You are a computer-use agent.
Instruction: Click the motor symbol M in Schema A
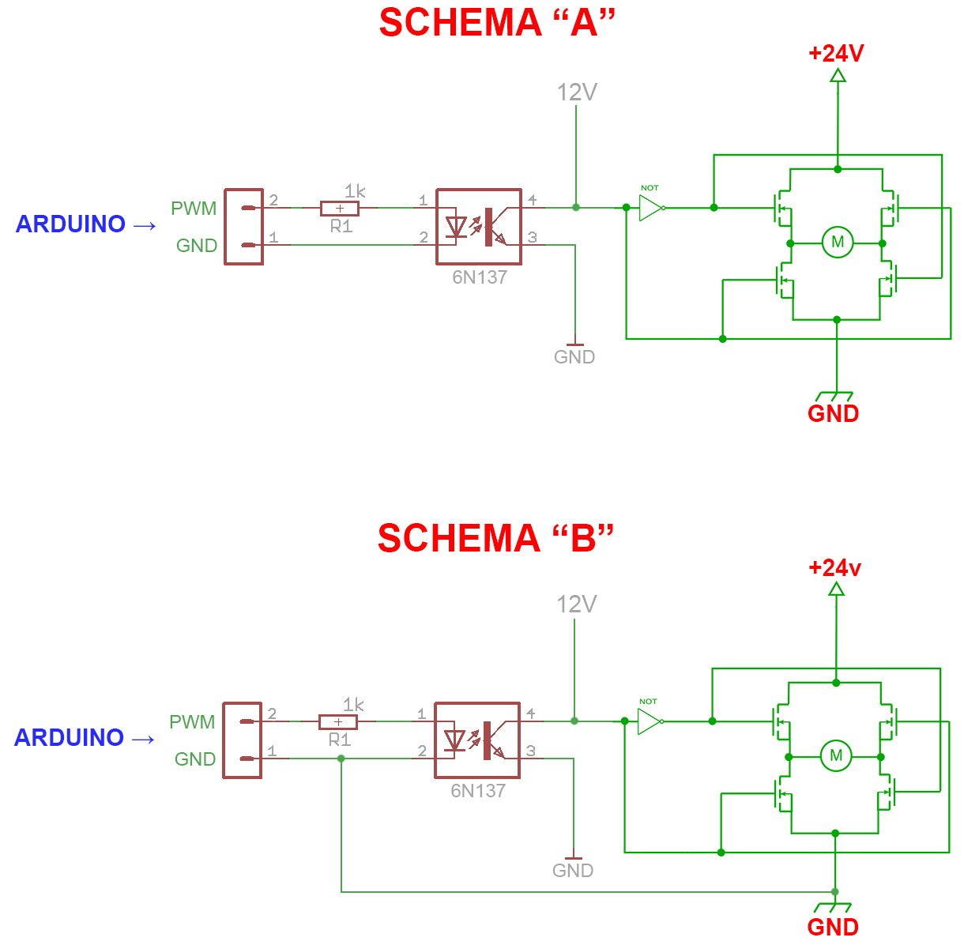838,242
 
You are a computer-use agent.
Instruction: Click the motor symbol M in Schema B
836,755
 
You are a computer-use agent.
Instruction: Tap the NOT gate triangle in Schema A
650,208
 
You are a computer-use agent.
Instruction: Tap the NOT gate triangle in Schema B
649,721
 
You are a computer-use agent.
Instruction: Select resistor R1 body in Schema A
340,209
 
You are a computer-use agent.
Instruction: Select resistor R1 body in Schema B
338,722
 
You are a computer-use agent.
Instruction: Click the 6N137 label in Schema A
480,277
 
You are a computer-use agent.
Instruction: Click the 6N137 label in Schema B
478,791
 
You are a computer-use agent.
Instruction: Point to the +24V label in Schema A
836,54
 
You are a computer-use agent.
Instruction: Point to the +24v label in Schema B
834,568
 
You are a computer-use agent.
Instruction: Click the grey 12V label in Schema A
577,92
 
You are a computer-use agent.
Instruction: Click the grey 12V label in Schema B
576,604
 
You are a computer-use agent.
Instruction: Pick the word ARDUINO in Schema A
70,224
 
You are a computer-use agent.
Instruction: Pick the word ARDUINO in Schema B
69,738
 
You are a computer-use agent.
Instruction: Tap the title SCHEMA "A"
497,23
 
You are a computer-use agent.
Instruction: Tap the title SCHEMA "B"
495,539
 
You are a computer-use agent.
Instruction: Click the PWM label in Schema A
194,209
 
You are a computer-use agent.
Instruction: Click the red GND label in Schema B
833,927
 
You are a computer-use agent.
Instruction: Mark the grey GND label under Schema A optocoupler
574,357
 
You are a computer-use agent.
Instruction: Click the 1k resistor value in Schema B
353,705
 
